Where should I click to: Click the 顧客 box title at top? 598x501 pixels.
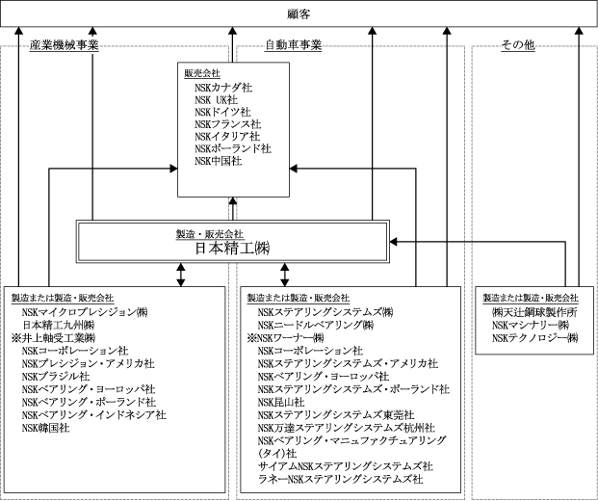click(x=299, y=13)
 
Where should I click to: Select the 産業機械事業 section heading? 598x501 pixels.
click(x=65, y=45)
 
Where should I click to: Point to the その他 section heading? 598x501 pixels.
click(x=518, y=45)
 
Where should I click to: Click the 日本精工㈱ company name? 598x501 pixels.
click(x=232, y=248)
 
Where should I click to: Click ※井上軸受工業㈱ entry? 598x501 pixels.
click(x=52, y=338)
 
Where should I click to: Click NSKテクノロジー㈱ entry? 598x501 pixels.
click(x=533, y=338)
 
